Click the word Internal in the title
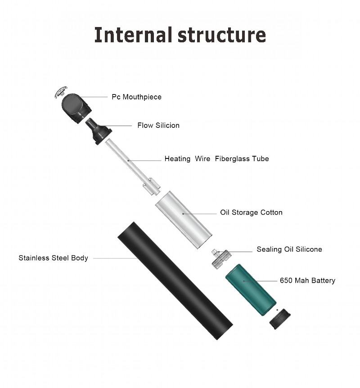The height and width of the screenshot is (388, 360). click(x=133, y=35)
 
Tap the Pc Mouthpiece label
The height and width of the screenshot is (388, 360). click(x=136, y=97)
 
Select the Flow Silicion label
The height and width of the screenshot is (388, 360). click(x=158, y=126)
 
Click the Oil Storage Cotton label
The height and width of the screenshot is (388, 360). click(x=251, y=212)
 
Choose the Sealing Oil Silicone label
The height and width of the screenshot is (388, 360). click(x=289, y=249)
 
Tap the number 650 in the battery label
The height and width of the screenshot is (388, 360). click(x=286, y=280)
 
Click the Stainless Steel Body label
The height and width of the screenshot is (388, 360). click(x=53, y=258)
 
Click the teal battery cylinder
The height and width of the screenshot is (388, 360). click(x=251, y=290)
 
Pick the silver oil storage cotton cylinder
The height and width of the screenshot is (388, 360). click(x=183, y=219)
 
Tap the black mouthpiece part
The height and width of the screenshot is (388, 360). click(x=76, y=106)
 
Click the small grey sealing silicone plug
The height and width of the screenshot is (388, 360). click(x=221, y=258)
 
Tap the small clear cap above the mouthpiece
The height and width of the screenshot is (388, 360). click(x=60, y=92)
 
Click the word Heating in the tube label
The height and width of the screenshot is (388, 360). click(x=177, y=158)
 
